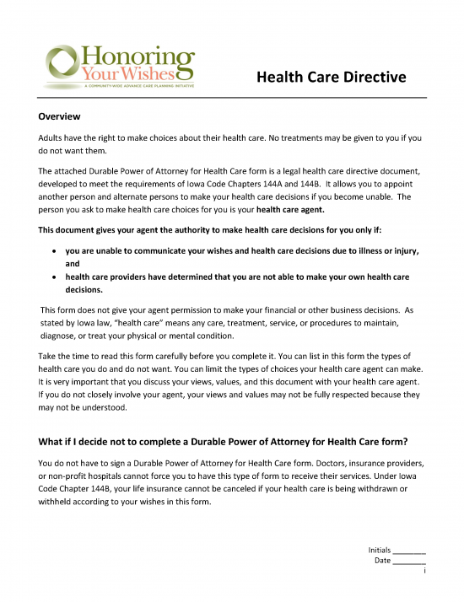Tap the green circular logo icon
[62, 63]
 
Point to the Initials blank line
[409, 551]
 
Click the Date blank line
[409, 561]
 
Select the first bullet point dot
[55, 251]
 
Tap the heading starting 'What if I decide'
[224, 442]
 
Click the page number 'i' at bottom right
[424, 571]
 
